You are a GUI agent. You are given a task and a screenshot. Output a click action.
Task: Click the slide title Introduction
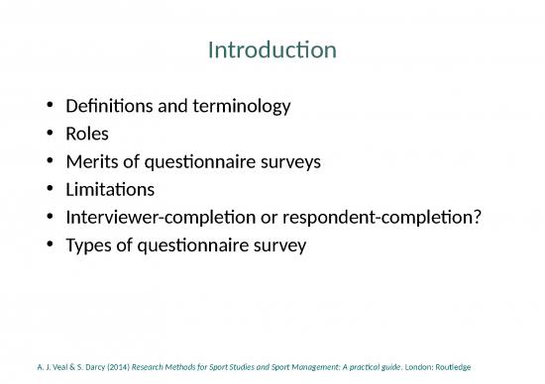pos(272,49)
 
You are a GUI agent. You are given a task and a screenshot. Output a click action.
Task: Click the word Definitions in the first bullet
pos(104,104)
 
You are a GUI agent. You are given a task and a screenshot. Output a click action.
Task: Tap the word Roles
pos(87,132)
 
